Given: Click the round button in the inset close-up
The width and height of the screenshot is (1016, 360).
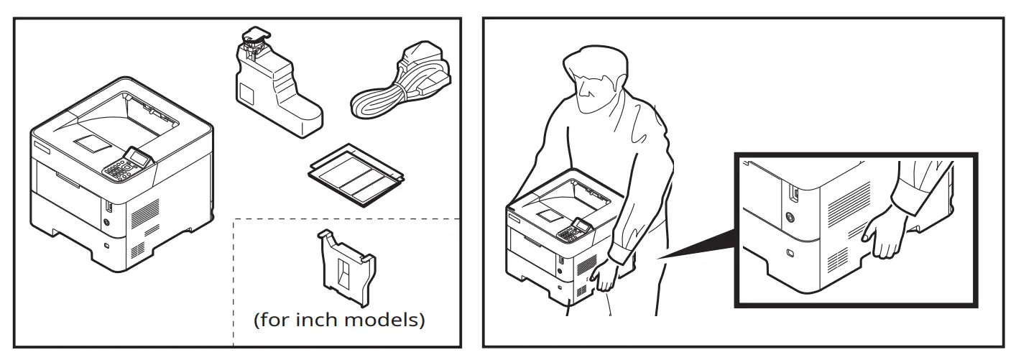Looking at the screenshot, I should [790, 217].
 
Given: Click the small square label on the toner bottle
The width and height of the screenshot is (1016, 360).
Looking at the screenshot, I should [245, 93].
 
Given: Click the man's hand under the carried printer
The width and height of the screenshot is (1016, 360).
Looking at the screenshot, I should [607, 277].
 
